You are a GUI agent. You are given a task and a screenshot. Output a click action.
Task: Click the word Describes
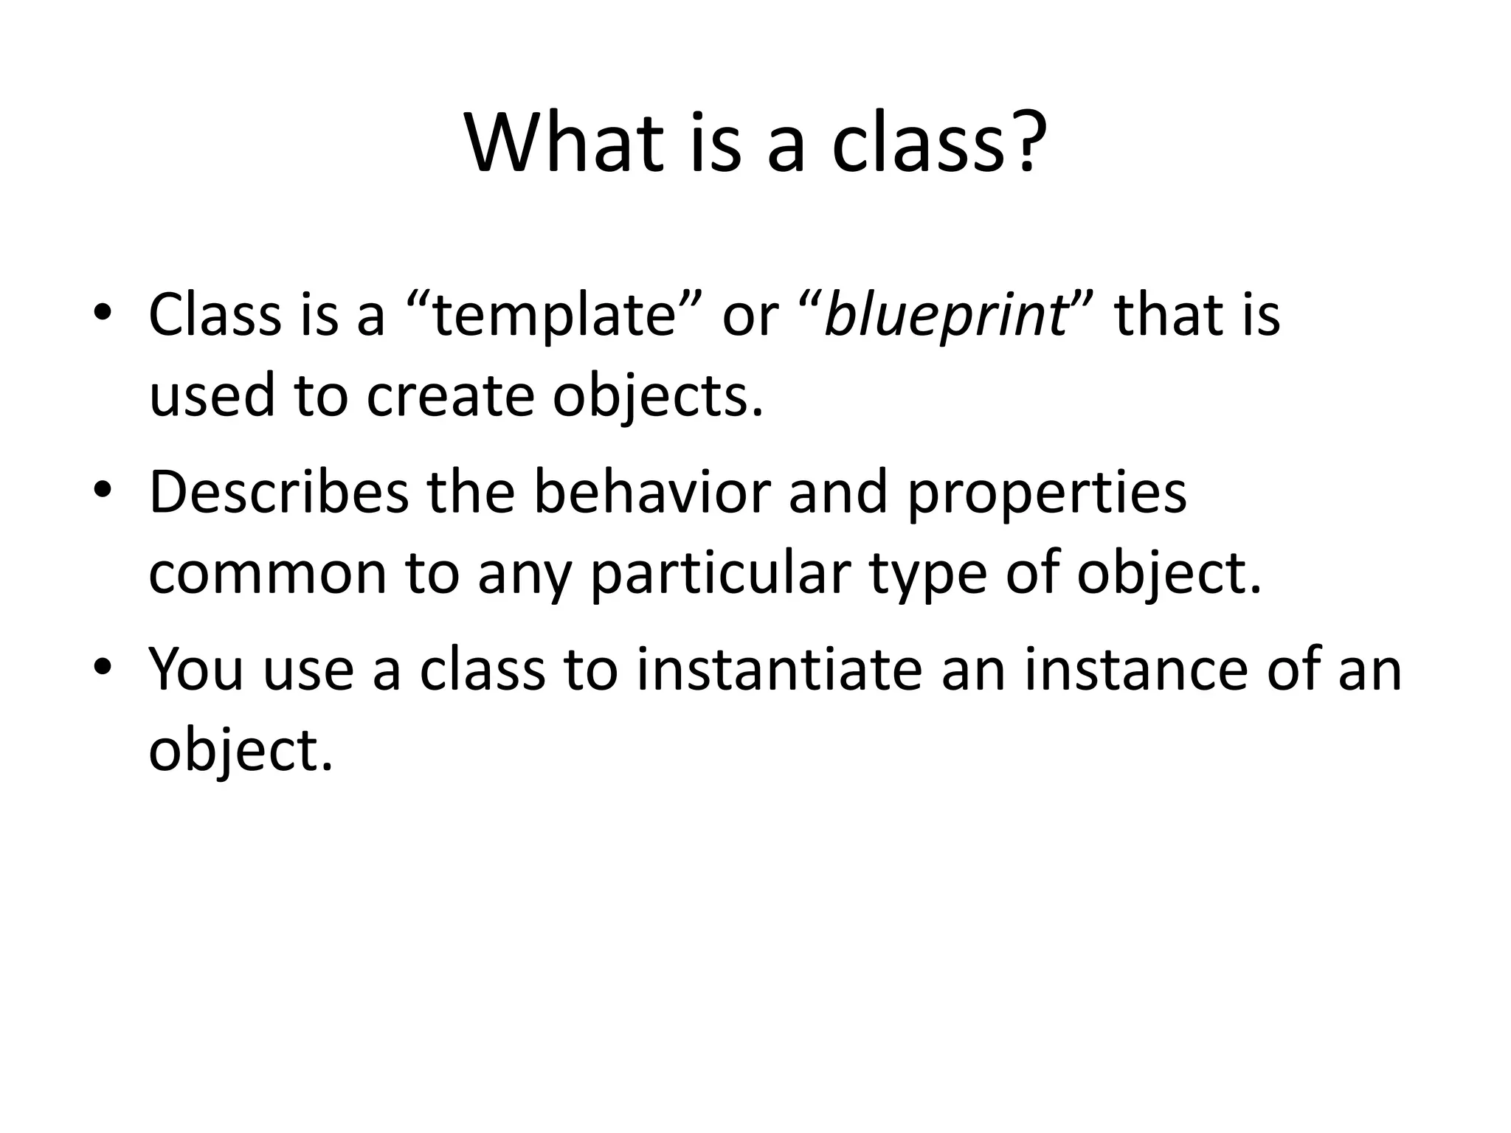tap(278, 493)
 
